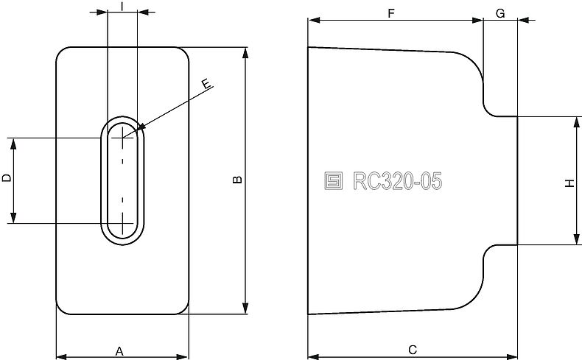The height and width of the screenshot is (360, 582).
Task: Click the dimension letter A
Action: point(119,351)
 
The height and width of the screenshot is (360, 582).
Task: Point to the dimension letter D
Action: point(6,178)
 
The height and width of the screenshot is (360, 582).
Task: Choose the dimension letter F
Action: point(390,13)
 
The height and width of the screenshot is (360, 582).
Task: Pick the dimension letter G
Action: point(500,13)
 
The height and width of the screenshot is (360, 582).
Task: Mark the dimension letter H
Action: point(569,181)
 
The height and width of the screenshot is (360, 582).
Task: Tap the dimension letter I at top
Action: point(122,5)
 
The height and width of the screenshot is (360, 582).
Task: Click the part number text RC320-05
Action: point(397,181)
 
